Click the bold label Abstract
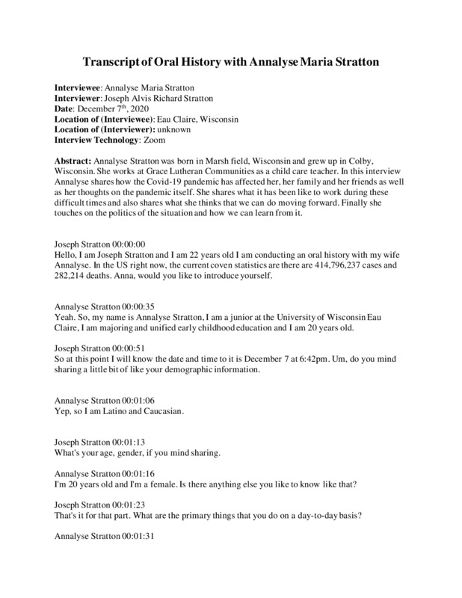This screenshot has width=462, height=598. [74, 162]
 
